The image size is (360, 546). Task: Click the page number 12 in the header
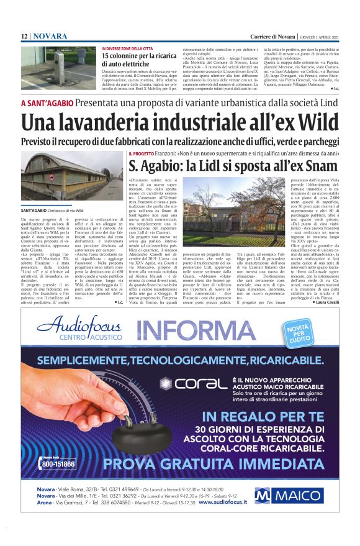[24, 37]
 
